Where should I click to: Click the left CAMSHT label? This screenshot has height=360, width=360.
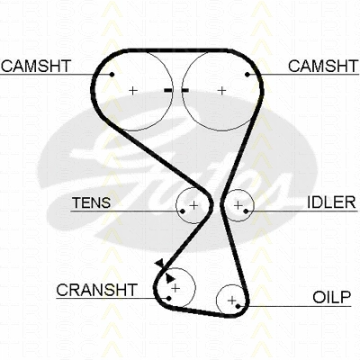coord(36,66)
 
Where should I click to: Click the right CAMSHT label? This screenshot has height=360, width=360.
coord(323,66)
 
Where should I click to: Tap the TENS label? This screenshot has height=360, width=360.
coord(92,202)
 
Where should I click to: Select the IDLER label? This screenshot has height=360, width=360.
coord(331,202)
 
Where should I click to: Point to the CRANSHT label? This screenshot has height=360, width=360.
coord(96,290)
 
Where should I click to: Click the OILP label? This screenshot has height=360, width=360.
coord(332,297)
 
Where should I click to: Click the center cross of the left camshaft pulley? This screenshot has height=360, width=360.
coord(132,90)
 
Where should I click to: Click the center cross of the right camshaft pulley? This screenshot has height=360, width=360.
coord(222,90)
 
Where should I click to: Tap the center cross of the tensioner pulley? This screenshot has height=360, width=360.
coord(194,205)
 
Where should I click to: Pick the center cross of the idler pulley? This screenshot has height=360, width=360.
coord(238,205)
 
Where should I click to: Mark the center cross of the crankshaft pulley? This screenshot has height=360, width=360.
coord(175,288)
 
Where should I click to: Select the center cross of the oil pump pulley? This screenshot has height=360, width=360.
coord(232,300)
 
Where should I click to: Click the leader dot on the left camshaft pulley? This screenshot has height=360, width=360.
coord(112,75)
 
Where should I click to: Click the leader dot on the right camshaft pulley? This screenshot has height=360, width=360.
coord(247,75)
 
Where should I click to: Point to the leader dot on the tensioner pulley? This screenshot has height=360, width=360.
coord(183,211)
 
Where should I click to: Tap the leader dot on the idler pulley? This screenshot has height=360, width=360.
coord(246,211)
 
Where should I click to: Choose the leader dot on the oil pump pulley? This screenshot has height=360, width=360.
coord(238,306)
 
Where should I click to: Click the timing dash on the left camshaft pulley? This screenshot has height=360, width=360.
coord(168,90)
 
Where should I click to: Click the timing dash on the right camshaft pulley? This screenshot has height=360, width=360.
coord(184,90)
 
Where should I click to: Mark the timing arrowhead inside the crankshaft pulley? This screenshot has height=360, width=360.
coord(170,278)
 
